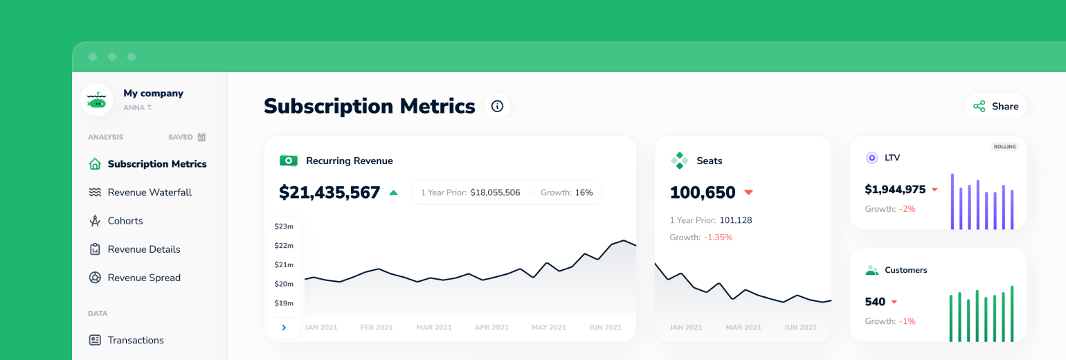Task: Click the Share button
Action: (x=995, y=107)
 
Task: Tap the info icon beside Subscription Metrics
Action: (x=497, y=106)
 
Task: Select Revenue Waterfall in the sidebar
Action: (x=150, y=192)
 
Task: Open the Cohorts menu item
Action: (x=125, y=221)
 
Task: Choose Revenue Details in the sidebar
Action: (x=144, y=249)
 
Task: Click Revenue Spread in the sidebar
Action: (x=144, y=278)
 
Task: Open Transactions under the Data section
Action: (x=136, y=340)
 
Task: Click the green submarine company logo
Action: (x=97, y=100)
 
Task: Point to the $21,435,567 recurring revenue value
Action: (x=329, y=192)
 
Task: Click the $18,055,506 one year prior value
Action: (x=495, y=192)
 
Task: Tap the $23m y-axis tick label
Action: (x=284, y=226)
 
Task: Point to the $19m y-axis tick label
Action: (x=284, y=303)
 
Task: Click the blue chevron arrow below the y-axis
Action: (x=284, y=327)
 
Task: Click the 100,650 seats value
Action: (x=703, y=192)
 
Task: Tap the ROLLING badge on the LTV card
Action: (x=1004, y=147)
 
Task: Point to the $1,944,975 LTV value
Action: (x=895, y=189)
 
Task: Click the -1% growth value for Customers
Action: (x=907, y=321)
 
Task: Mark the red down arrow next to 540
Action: (x=894, y=302)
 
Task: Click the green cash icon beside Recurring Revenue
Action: (x=289, y=161)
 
